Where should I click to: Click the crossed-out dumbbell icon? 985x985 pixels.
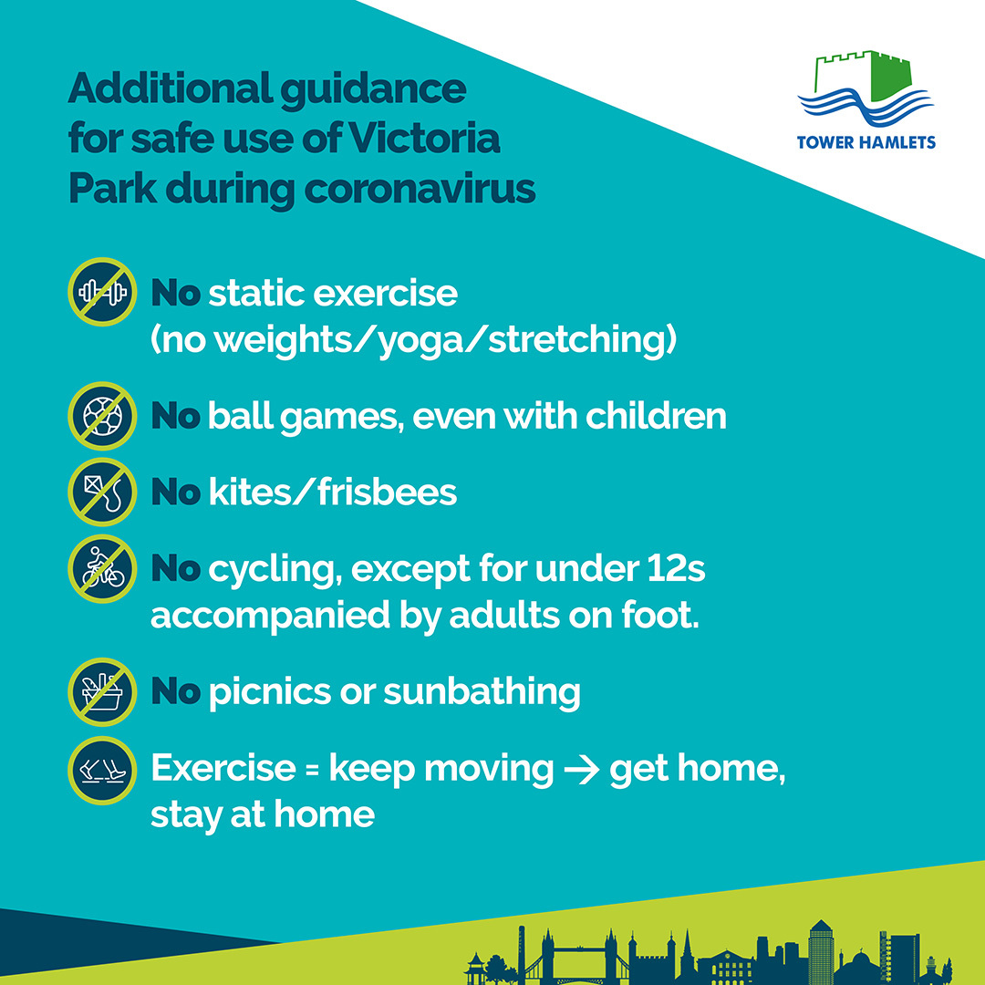102,292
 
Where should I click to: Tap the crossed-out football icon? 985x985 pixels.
102,416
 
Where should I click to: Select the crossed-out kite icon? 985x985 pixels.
102,492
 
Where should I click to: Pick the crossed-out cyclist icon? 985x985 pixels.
102,568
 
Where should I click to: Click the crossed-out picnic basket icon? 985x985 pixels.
102,691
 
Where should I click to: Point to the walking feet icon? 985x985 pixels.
102,770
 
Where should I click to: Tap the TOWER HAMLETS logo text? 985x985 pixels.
866,142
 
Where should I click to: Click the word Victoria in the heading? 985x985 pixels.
424,139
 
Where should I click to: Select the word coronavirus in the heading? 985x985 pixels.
420,189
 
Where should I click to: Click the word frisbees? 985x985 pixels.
387,492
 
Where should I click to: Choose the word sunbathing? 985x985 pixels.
482,693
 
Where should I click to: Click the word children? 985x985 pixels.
656,416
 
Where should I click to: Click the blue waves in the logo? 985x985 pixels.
866,107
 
